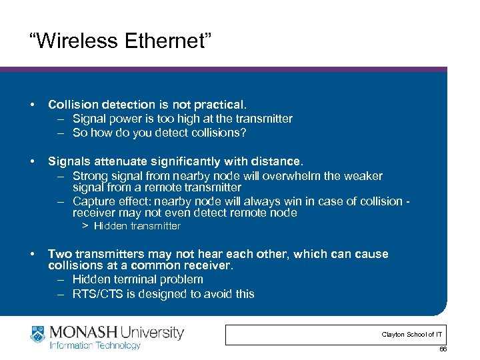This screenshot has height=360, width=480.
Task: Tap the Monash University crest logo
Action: click(39, 335)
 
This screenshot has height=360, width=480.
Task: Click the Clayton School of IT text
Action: click(411, 334)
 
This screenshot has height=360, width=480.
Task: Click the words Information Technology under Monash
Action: click(95, 345)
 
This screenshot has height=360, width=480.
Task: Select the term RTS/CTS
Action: click(98, 293)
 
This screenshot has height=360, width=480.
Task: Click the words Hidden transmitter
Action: click(137, 226)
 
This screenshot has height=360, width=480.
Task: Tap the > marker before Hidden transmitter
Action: click(85, 226)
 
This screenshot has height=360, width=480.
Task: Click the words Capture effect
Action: click(109, 201)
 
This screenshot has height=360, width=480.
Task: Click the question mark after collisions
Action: click(243, 133)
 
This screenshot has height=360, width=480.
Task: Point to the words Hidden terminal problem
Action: click(138, 279)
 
